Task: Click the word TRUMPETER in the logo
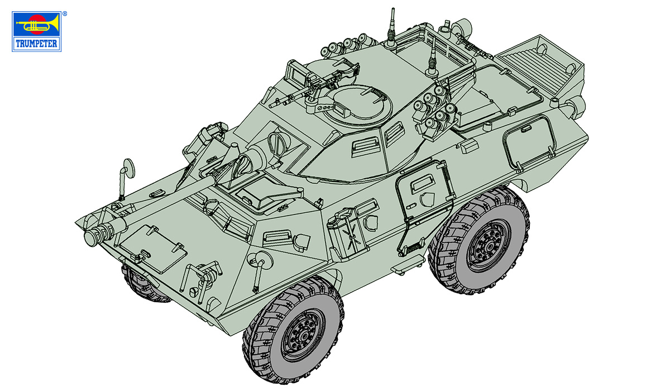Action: coord(36,44)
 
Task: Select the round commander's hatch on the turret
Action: coord(358,104)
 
